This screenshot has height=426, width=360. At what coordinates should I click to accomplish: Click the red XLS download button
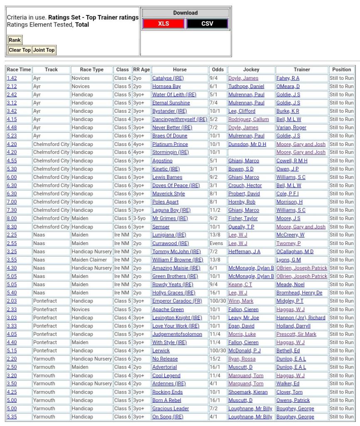point(163,24)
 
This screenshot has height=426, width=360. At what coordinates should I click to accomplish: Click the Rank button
point(15,40)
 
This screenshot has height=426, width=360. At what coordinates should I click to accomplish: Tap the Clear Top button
point(20,50)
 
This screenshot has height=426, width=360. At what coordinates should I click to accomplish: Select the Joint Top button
point(44,50)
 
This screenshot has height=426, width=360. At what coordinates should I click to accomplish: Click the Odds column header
point(217,69)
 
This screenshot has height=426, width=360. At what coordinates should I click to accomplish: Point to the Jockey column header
point(251,69)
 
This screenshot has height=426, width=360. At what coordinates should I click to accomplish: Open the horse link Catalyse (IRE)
point(168,78)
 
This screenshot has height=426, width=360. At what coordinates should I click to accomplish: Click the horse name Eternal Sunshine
point(171,103)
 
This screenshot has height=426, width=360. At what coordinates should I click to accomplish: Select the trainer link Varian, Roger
point(291,128)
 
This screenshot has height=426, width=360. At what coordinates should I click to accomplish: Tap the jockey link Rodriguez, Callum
point(248,119)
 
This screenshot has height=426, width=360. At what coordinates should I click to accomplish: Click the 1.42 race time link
point(12,78)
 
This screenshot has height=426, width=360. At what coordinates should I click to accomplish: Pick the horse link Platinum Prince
point(170,144)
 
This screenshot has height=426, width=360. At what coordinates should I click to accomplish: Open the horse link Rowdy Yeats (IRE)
point(173,285)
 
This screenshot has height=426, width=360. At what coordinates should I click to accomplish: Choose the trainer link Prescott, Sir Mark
point(296,334)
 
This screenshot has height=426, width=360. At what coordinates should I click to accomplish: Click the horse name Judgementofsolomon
point(177,334)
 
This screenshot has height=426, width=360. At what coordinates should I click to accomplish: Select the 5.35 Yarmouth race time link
point(12,417)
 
